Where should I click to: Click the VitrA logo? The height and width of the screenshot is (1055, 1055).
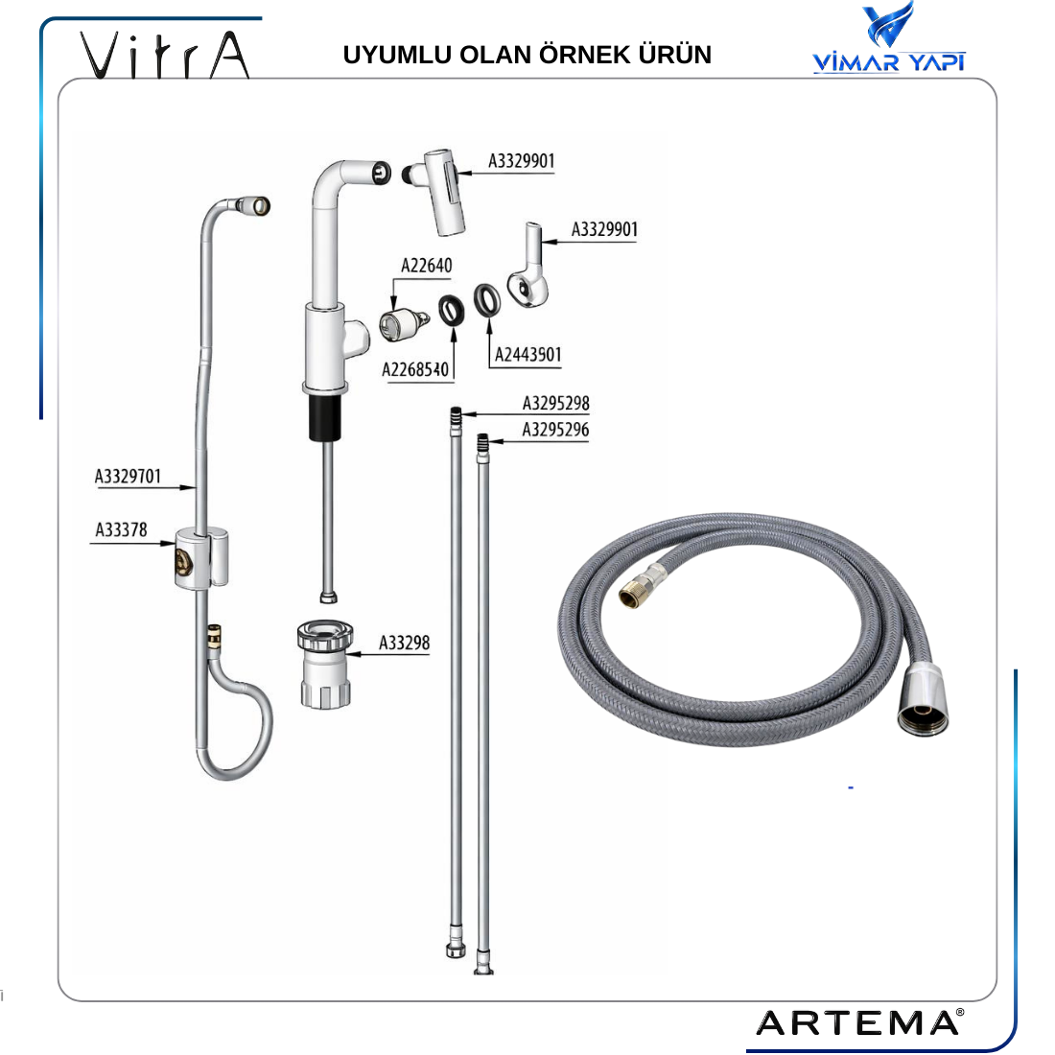[165, 56]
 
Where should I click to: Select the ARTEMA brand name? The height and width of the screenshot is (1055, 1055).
[859, 1023]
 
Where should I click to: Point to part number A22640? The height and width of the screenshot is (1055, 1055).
[427, 266]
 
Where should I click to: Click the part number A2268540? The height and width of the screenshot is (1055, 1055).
[414, 369]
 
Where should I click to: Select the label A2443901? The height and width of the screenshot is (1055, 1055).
[527, 355]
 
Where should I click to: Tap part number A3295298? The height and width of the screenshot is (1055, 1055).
[555, 403]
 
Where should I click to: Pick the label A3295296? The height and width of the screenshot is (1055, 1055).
[555, 430]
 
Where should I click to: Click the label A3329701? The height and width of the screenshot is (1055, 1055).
[128, 477]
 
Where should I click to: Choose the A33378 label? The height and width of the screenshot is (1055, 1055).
[121, 530]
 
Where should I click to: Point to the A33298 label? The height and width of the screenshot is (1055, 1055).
[404, 644]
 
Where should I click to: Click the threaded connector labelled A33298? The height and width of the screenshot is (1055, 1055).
[325, 664]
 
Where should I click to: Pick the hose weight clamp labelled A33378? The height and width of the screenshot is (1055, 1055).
[201, 558]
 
